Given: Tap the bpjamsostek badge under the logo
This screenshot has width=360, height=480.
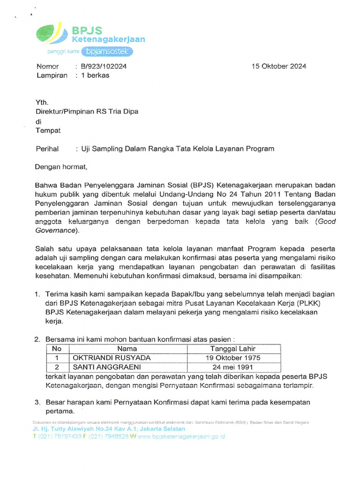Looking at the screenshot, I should [110, 51].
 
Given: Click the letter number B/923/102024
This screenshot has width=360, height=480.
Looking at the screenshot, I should [104, 66].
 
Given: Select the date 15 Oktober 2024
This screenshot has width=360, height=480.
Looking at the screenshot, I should [279, 66].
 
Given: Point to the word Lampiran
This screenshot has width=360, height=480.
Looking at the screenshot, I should [52, 75].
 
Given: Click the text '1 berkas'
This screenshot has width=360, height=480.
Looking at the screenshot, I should [95, 75].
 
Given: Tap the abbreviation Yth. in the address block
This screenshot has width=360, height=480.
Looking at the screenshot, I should [42, 102].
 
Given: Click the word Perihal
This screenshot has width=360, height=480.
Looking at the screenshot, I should [47, 149].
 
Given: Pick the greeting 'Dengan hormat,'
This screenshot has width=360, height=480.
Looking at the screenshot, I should [61, 166].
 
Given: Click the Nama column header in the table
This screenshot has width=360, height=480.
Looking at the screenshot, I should [127, 348].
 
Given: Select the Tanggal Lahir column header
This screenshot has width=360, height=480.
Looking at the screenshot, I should [233, 348].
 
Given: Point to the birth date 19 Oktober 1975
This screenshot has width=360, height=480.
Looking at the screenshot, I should [233, 358].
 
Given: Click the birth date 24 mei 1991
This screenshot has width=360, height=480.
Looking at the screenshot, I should [233, 367].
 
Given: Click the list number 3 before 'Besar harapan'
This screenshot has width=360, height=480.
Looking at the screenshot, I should [37, 402].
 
